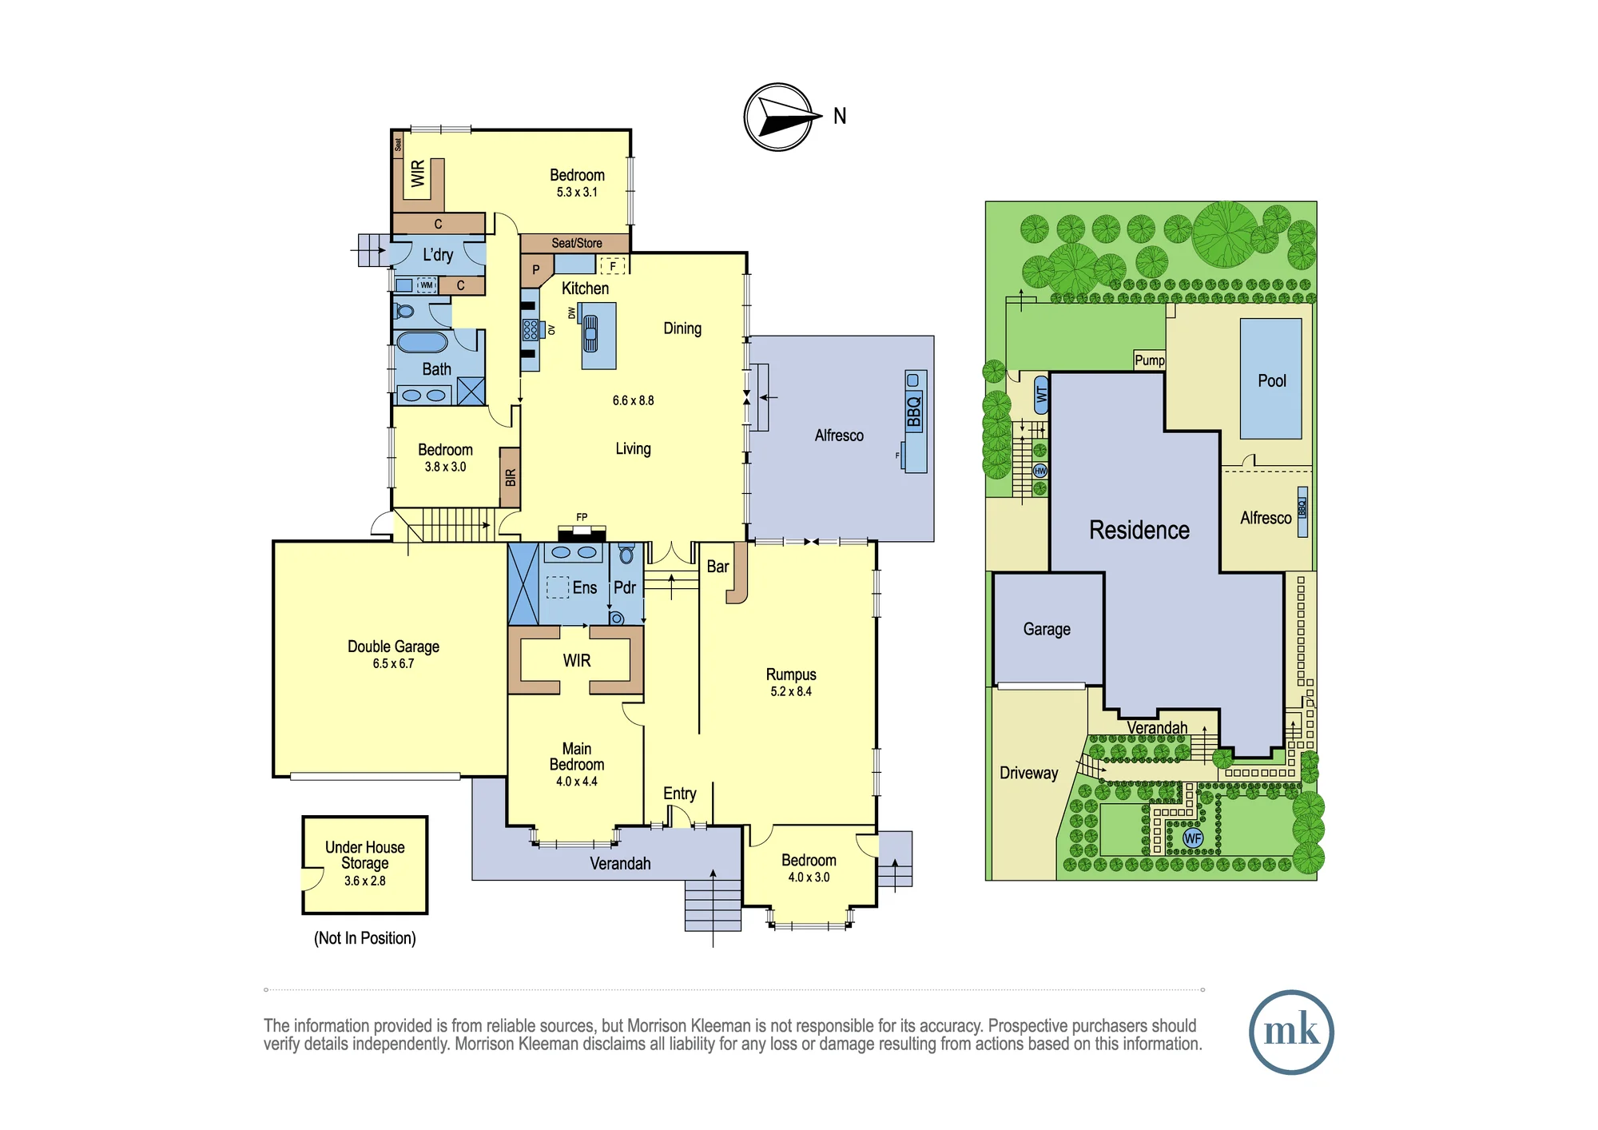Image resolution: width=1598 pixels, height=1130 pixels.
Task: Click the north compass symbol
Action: pos(779,117)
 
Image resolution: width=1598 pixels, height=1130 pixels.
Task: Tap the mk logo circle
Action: pos(1291,1032)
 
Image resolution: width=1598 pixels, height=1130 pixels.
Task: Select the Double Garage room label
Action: pos(393,647)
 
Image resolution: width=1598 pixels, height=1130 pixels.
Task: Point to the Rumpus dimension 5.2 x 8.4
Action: pos(791,691)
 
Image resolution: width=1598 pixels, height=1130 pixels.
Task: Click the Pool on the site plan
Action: pos(1271,379)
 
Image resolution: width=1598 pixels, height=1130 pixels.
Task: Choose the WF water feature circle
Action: pos(1193,838)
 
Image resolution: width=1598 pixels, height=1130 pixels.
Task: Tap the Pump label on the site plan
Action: pos(1150,360)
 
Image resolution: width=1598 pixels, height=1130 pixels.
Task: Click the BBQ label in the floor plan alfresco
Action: pos(914,412)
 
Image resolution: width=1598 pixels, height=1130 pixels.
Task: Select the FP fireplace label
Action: pos(582,517)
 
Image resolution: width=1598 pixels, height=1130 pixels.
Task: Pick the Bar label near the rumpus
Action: pos(718,567)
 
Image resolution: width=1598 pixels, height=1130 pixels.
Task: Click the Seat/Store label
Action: pos(577,243)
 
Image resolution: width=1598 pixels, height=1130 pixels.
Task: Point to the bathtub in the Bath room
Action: pos(423,342)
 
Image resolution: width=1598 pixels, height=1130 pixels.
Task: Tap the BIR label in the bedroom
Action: pos(511,478)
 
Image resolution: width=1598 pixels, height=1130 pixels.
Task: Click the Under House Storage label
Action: pos(365,855)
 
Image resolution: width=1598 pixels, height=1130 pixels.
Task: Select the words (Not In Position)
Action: pos(365,938)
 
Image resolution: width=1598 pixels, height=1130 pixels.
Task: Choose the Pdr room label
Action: pos(625,587)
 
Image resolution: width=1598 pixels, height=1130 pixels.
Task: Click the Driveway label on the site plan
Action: pos(1029,773)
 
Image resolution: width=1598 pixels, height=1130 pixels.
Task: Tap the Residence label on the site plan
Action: pos(1139,530)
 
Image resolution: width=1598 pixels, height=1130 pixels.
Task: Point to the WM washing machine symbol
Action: pos(427,285)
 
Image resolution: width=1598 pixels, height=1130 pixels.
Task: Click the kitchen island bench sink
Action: pos(590,334)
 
